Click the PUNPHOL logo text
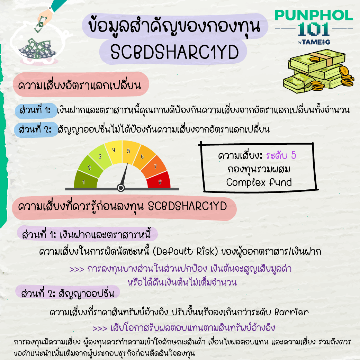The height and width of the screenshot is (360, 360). point(314,15)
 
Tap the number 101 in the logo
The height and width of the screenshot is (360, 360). point(314,29)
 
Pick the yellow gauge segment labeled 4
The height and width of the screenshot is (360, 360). point(114,152)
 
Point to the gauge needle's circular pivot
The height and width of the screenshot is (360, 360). point(121,188)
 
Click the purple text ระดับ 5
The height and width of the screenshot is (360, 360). point(281,156)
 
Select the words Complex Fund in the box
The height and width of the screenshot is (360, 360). point(259,182)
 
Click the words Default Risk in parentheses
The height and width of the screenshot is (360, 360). point(185,252)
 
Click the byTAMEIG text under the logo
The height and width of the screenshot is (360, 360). point(314,42)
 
